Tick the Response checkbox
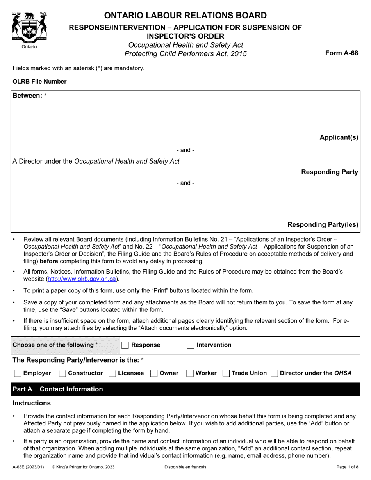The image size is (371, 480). click(x=125, y=345)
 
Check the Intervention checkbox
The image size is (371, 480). click(x=191, y=345)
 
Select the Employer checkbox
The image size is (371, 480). click(x=18, y=373)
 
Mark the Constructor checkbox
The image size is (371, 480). click(x=62, y=373)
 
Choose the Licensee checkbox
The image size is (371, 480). click(x=112, y=373)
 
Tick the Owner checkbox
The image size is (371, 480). click(x=154, y=373)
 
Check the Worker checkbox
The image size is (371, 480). click(x=190, y=373)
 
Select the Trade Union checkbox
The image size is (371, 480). click(x=226, y=373)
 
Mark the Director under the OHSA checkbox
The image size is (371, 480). click(x=275, y=373)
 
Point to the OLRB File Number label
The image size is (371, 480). click(x=39, y=82)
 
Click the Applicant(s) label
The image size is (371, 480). click(x=339, y=137)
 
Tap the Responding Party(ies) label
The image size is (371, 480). click(x=323, y=224)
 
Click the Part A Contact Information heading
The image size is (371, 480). click(x=58, y=389)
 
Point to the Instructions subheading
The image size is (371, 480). click(x=32, y=403)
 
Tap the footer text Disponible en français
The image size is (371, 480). click(x=185, y=467)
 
